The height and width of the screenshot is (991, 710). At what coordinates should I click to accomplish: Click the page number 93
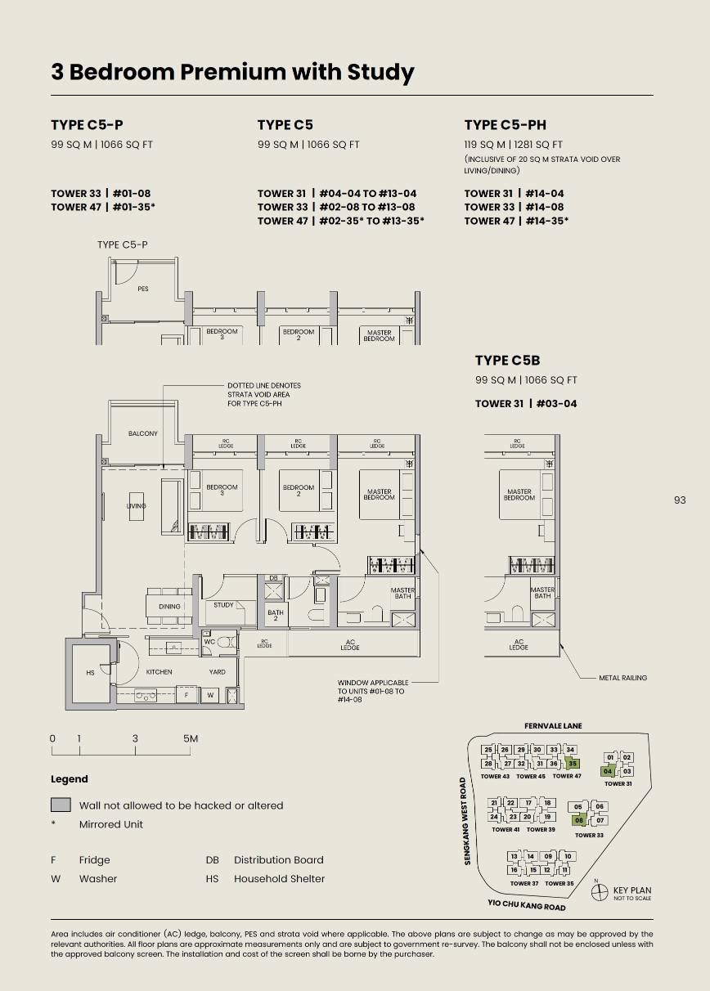pyautogui.click(x=680, y=500)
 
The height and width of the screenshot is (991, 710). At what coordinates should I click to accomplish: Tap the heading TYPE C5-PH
pyautogui.click(x=505, y=125)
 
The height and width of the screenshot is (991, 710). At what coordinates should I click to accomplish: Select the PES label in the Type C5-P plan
pyautogui.click(x=143, y=289)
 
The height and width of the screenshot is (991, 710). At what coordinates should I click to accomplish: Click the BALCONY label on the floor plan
pyautogui.click(x=142, y=433)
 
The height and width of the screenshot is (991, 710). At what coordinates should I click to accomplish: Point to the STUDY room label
pyautogui.click(x=223, y=605)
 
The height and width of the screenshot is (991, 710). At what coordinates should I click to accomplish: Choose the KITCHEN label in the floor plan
pyautogui.click(x=159, y=672)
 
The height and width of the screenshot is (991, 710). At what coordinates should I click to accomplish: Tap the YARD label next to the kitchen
pyautogui.click(x=217, y=672)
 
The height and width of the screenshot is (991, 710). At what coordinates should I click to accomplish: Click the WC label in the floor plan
pyautogui.click(x=209, y=641)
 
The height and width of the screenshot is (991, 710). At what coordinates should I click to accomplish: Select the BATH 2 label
pyautogui.click(x=275, y=616)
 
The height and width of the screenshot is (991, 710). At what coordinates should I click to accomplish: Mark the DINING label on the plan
pyautogui.click(x=169, y=607)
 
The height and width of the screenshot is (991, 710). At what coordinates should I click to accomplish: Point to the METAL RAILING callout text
pyautogui.click(x=622, y=678)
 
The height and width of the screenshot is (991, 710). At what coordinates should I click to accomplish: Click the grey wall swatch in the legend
pyautogui.click(x=61, y=805)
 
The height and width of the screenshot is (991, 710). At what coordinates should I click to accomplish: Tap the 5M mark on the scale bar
pyautogui.click(x=190, y=739)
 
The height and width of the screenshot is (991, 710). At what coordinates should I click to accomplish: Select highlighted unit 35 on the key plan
pyautogui.click(x=573, y=764)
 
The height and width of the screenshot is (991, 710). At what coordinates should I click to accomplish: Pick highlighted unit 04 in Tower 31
pyautogui.click(x=608, y=771)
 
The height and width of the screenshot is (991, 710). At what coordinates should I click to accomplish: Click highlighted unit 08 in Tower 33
pyautogui.click(x=579, y=820)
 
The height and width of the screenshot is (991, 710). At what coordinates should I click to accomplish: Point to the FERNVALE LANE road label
pyautogui.click(x=553, y=726)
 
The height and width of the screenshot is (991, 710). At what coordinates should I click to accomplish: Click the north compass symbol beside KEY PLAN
pyautogui.click(x=597, y=891)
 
